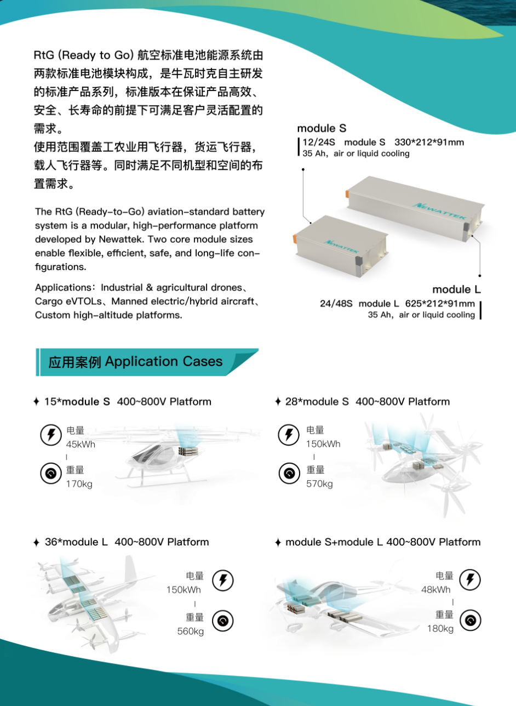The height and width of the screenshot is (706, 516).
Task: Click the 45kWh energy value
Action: (x=81, y=444)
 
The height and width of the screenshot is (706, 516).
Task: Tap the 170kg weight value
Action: (x=79, y=483)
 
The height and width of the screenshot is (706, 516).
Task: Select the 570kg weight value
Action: (x=319, y=483)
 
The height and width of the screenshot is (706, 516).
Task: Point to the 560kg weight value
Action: (x=190, y=631)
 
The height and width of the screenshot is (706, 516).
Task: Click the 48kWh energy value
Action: (x=435, y=589)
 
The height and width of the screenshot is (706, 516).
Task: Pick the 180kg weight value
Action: (x=440, y=629)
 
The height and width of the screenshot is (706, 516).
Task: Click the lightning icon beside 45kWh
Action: (x=51, y=435)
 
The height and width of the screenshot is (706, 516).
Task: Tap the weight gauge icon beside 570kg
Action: (x=289, y=473)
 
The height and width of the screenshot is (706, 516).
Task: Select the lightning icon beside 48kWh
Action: (x=470, y=579)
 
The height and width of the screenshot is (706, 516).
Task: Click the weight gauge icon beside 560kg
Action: (x=223, y=621)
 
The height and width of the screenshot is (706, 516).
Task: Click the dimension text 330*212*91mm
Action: (x=429, y=142)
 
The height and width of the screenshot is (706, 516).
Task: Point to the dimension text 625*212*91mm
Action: (x=440, y=304)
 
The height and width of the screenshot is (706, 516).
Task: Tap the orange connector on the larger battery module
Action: (x=347, y=194)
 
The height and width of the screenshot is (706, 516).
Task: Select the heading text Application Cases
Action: (x=163, y=362)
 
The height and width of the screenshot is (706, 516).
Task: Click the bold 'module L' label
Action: (x=456, y=289)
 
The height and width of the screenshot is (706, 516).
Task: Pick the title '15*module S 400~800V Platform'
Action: (x=128, y=402)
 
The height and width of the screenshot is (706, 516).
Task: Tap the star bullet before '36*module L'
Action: (x=36, y=543)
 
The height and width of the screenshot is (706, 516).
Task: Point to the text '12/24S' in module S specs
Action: (x=319, y=142)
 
